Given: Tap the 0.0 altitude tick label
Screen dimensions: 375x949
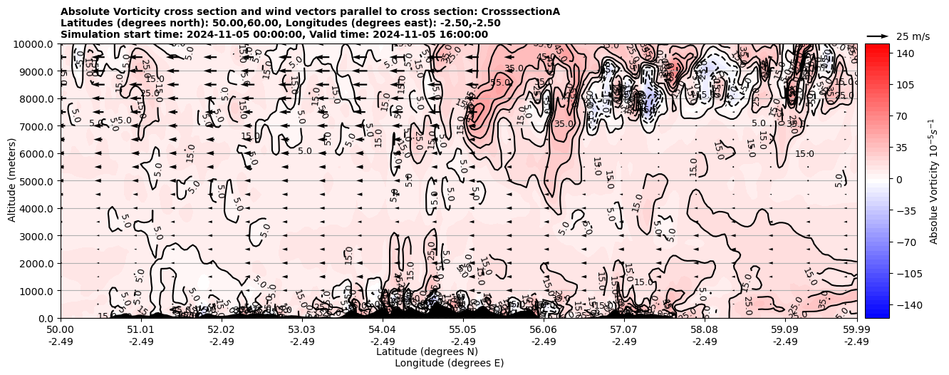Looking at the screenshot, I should [46, 318].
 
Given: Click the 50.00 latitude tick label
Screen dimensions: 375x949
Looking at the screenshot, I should [61, 330].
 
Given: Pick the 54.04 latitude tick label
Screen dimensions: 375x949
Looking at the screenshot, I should [383, 330].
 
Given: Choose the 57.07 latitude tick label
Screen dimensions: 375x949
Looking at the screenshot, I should [624, 330].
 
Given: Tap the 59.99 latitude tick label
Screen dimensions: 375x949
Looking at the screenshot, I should [856, 330].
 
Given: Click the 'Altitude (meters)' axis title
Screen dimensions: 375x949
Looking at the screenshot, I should [13, 180].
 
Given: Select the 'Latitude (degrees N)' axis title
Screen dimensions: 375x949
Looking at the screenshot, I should [427, 351].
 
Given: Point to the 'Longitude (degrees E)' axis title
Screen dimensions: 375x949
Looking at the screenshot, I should [449, 363].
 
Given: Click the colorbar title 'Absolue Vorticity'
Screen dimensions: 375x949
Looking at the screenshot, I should [933, 180].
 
